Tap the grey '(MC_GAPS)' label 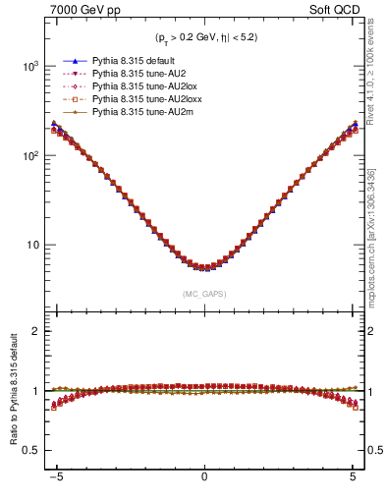tap(203, 294)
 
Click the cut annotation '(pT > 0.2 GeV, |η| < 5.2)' tap(203, 39)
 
